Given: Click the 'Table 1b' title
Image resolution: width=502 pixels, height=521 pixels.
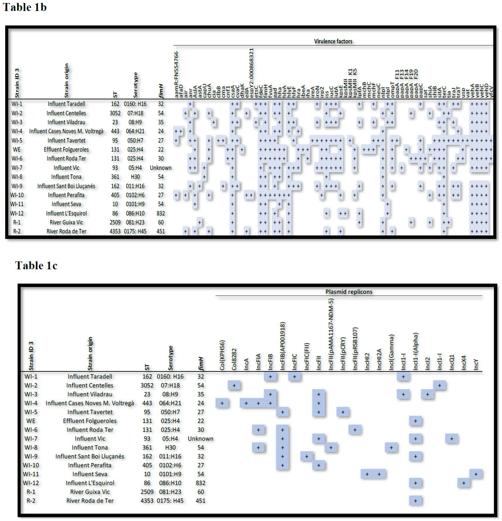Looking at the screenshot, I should coord(25,7).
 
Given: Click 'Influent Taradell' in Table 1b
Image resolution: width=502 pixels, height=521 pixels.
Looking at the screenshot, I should coord(66,104).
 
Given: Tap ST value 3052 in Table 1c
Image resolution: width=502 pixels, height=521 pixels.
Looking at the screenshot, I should coord(147,385).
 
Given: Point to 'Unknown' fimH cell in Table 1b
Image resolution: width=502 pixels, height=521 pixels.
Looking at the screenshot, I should coord(161,168).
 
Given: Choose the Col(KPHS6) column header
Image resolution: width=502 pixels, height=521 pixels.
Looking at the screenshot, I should coord(222,355).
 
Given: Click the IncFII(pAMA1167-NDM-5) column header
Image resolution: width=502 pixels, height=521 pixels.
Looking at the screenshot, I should coord(331,334).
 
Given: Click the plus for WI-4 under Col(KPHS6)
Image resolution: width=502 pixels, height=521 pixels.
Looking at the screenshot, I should coord(222,403).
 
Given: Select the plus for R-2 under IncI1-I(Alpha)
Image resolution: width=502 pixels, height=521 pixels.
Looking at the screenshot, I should coord(415,501).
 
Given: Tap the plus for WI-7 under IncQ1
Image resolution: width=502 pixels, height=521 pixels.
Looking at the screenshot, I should coord(452,439).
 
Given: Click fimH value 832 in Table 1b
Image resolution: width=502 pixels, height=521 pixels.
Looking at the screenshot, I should coord(161,213).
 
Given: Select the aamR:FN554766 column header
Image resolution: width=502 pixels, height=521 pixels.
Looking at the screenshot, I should coord(176,74).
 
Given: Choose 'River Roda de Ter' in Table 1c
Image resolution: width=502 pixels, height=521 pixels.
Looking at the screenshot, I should coord(90,501).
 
